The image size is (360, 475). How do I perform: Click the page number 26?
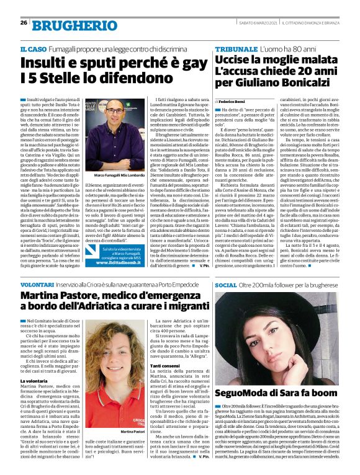[24, 23]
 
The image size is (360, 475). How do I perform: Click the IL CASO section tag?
[34, 48]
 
